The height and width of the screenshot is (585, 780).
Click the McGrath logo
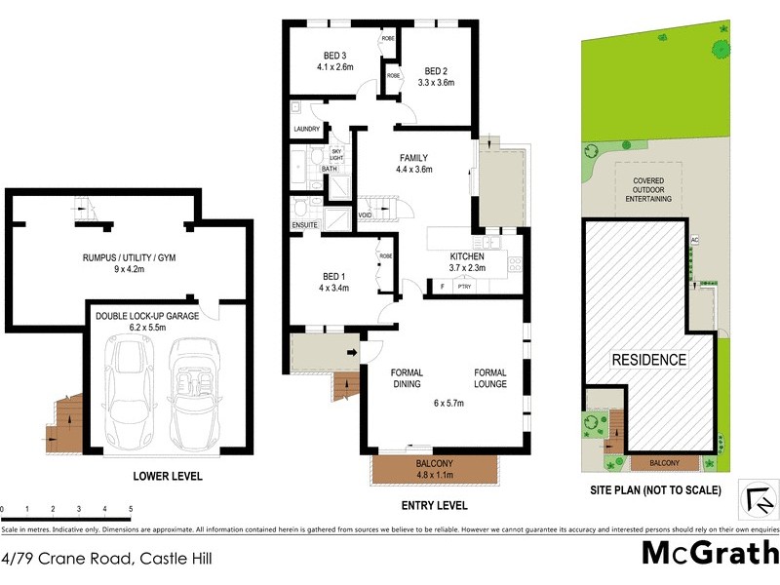click(x=708, y=554)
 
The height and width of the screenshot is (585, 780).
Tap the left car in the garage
click(x=131, y=390)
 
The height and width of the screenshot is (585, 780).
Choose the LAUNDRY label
click(x=306, y=129)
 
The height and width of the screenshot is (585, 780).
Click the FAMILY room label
click(x=413, y=163)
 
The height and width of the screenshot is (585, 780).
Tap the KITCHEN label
click(x=467, y=262)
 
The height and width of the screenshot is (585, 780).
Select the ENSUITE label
click(x=305, y=225)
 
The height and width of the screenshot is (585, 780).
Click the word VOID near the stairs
click(x=365, y=215)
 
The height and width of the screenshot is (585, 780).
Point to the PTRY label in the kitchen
click(x=464, y=286)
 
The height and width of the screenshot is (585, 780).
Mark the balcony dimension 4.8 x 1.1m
click(x=435, y=476)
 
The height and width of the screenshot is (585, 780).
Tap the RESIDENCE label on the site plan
click(x=648, y=360)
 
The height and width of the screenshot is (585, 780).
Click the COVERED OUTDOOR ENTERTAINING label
click(x=648, y=189)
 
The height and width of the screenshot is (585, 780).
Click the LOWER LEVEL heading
click(x=167, y=477)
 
